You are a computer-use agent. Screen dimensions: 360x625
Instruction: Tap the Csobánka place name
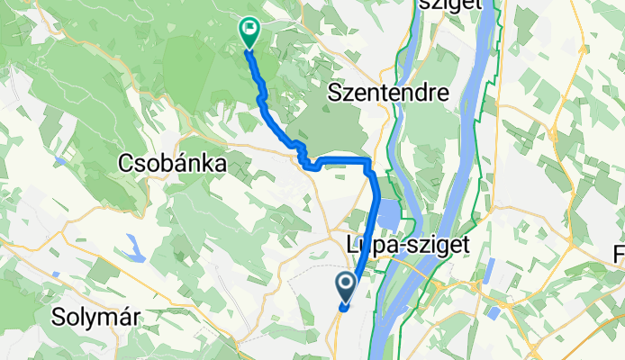[171, 162]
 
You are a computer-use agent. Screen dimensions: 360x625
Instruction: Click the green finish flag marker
[248, 32]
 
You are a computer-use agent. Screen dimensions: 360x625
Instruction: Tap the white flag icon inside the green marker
[248, 30]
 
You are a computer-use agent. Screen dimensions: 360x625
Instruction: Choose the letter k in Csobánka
[199, 162]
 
